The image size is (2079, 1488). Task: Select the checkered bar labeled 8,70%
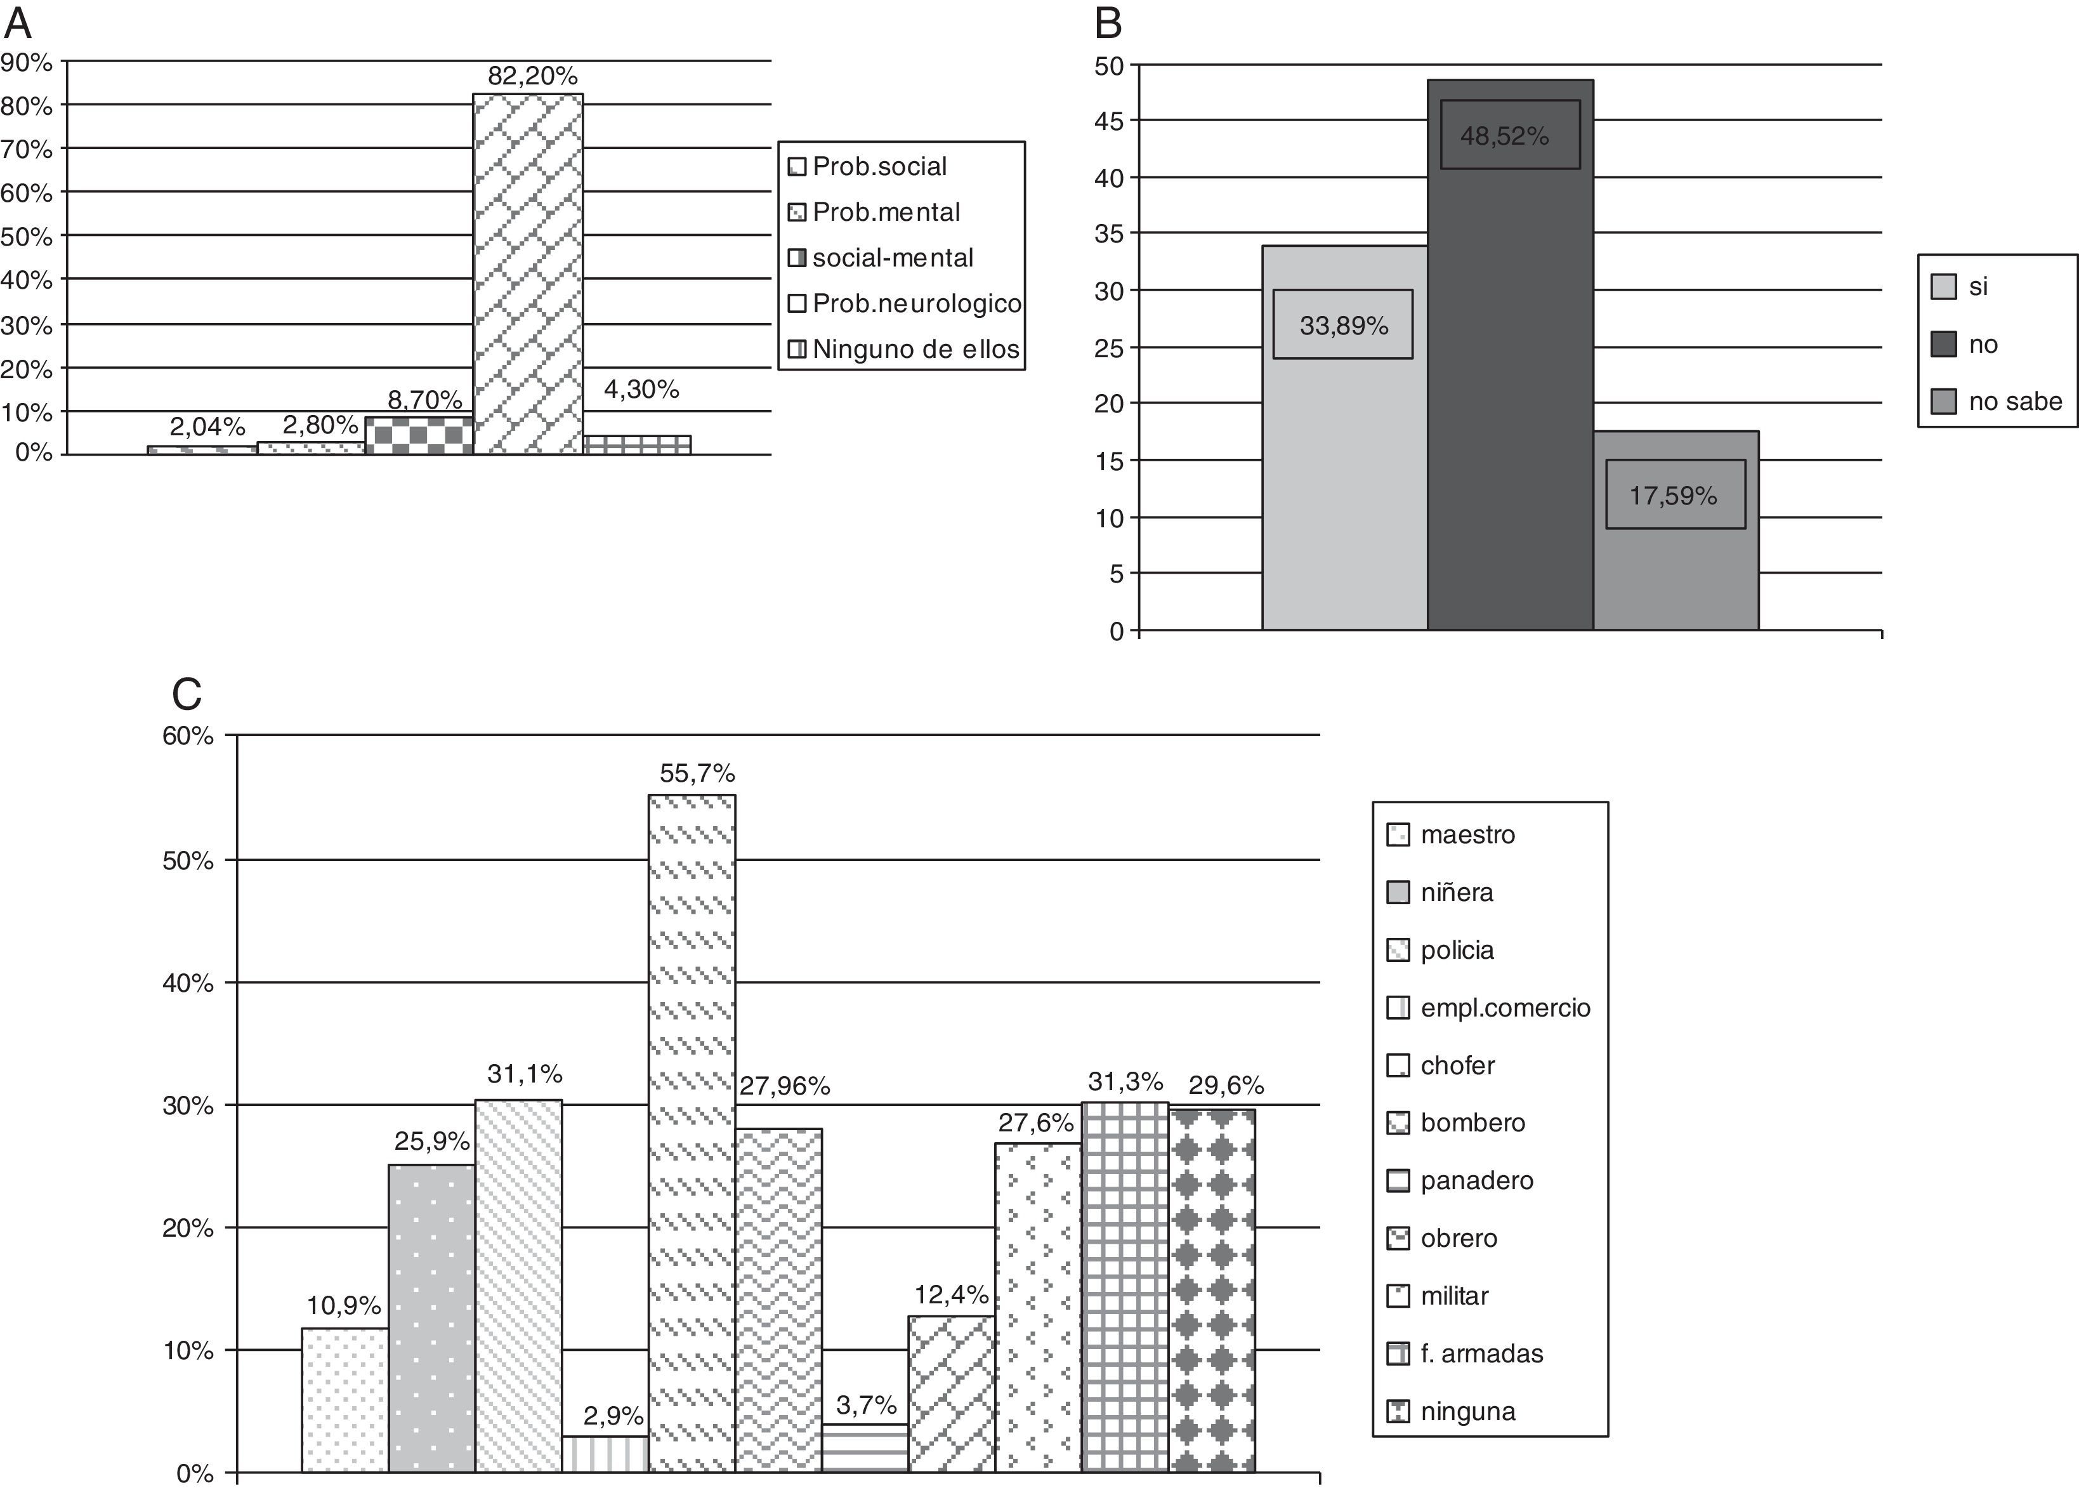click(x=419, y=436)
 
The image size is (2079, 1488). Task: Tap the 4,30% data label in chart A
click(x=641, y=390)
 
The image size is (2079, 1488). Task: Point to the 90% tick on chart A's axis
click(x=27, y=62)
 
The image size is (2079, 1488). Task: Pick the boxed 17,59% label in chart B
click(x=1674, y=495)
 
